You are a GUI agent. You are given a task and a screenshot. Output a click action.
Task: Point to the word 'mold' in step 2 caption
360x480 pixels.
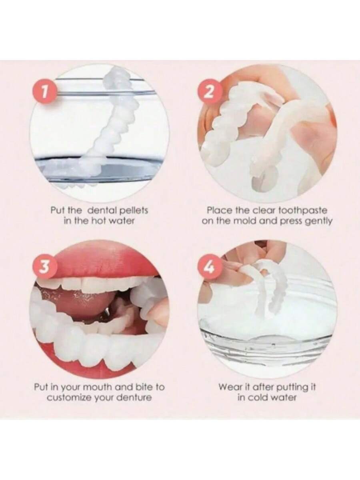[x=246, y=221]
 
